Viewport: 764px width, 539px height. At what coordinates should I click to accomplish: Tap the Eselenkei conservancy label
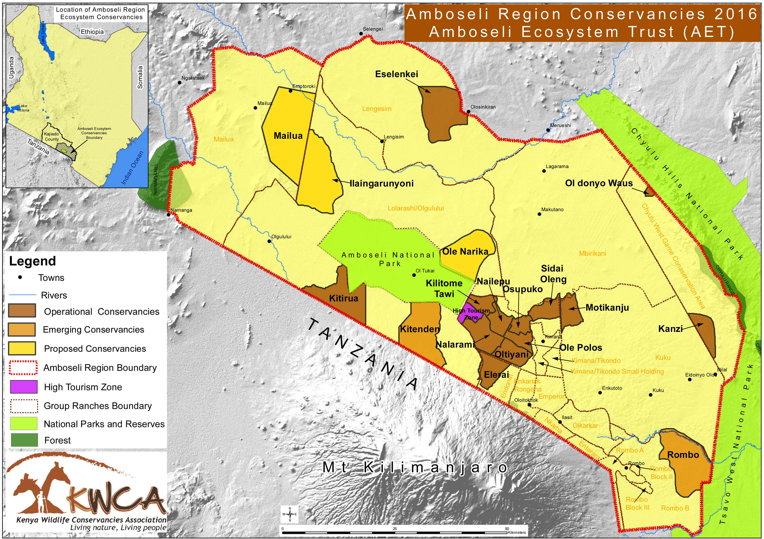pos(396,74)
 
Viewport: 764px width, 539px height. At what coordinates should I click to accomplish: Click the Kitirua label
pos(343,298)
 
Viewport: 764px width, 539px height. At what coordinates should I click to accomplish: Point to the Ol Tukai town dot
pos(414,275)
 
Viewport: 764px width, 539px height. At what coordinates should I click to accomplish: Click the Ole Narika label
pos(465,251)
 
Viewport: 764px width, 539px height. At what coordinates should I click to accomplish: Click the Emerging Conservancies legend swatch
pos(22,329)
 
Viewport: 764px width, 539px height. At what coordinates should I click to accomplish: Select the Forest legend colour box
pos(24,440)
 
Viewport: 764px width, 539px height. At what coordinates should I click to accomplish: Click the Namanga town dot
pos(169,215)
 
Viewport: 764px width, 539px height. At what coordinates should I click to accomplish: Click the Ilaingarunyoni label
pos(382,183)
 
